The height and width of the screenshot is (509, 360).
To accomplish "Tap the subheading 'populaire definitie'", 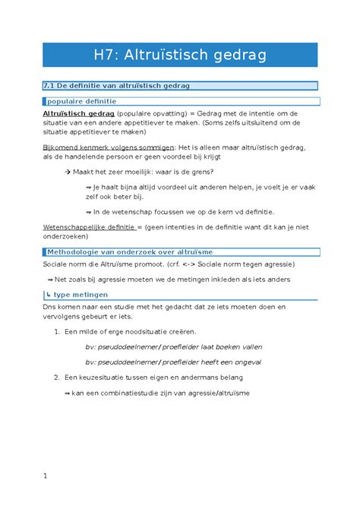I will pyautogui.click(x=82, y=100).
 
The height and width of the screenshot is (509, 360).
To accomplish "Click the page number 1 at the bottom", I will pyautogui.click(x=46, y=476).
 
